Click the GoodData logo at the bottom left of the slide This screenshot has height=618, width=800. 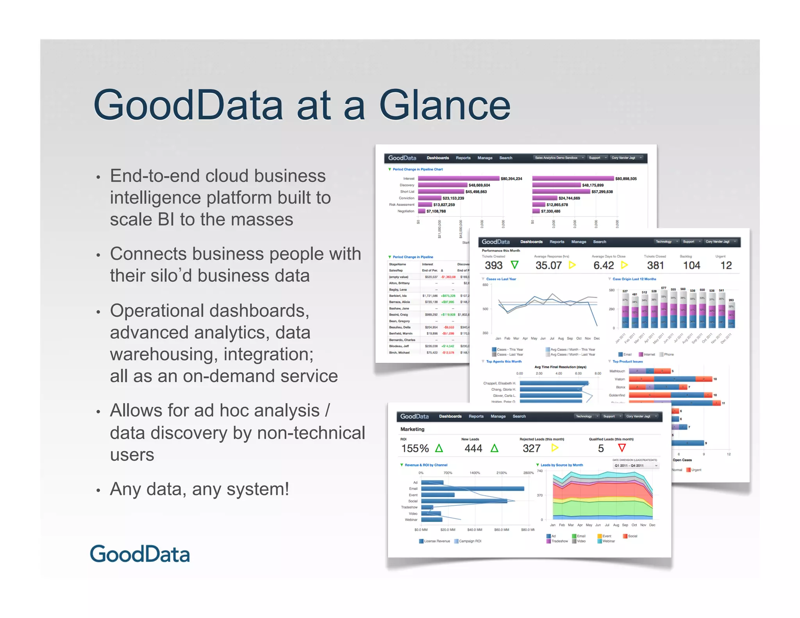click(140, 554)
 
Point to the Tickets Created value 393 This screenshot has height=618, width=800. click(493, 266)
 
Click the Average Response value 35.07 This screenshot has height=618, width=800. click(548, 266)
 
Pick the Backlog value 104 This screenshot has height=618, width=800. click(691, 266)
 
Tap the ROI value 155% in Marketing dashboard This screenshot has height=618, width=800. click(415, 448)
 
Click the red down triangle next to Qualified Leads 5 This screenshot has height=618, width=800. click(622, 448)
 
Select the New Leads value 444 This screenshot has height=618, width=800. click(473, 448)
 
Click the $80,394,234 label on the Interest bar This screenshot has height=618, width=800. click(511, 179)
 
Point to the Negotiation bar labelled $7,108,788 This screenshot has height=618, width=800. click(422, 211)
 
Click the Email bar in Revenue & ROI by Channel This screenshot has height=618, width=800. click(472, 489)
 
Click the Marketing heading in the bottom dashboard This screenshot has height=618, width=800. click(412, 429)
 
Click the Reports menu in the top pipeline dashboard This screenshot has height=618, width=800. click(463, 158)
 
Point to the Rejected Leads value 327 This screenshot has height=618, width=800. click(532, 448)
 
